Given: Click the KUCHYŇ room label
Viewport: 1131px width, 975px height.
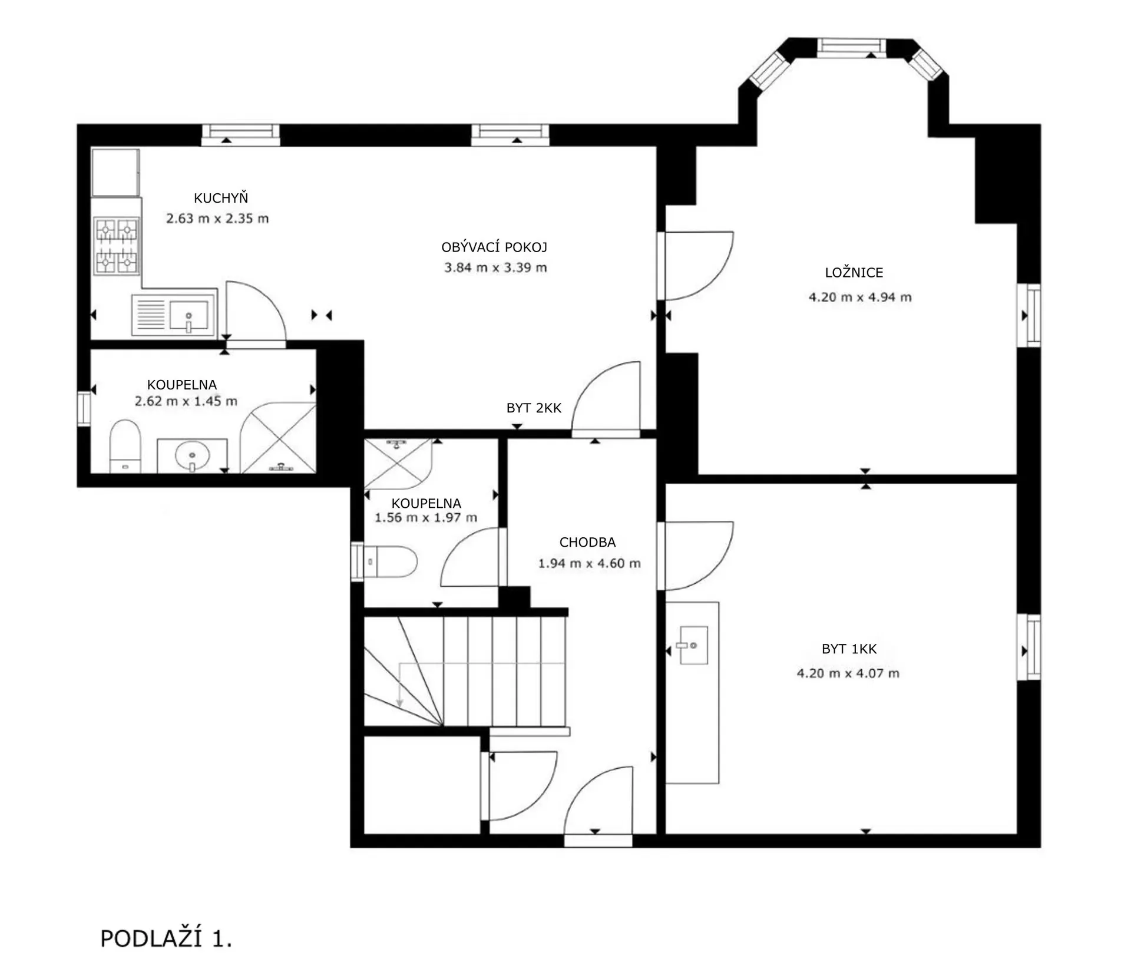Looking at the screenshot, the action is [x=221, y=198].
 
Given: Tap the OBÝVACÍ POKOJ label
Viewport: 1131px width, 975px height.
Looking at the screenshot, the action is [x=494, y=247].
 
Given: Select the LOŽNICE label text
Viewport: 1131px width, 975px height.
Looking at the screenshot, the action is [x=854, y=272].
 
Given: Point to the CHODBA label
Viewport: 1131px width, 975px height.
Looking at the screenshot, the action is [x=587, y=542].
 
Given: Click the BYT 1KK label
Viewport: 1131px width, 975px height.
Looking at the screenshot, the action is [x=849, y=649].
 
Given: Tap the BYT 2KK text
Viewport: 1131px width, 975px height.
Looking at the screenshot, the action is [x=534, y=408].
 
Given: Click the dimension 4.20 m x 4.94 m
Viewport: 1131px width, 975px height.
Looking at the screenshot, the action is [x=860, y=297].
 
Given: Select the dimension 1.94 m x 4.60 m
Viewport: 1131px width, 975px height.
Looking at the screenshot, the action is [x=589, y=563].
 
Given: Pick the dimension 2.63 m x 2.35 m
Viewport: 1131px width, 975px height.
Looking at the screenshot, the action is [x=217, y=218].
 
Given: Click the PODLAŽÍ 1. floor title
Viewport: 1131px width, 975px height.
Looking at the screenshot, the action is [x=166, y=938].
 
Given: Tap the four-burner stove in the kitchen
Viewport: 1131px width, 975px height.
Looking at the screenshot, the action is [x=117, y=246].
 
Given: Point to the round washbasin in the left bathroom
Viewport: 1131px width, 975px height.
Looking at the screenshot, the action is [x=192, y=455].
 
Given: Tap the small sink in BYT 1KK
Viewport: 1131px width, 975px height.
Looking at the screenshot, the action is [x=693, y=645].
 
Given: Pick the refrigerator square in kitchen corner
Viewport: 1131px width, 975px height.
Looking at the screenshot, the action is [x=115, y=172].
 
